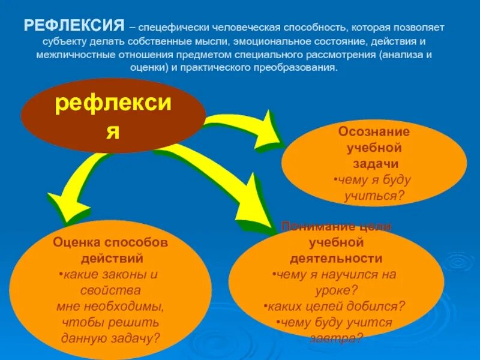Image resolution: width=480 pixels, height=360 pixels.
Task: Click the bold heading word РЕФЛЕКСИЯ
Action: pyautogui.click(x=73, y=27)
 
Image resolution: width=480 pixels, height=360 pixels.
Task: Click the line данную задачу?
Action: pyautogui.click(x=111, y=338)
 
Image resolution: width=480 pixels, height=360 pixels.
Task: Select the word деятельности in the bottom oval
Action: pyautogui.click(x=335, y=259)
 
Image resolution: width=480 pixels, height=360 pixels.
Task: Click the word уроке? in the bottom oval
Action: pyautogui.click(x=335, y=290)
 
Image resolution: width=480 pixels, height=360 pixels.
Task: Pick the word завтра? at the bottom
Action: pyautogui.click(x=336, y=338)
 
